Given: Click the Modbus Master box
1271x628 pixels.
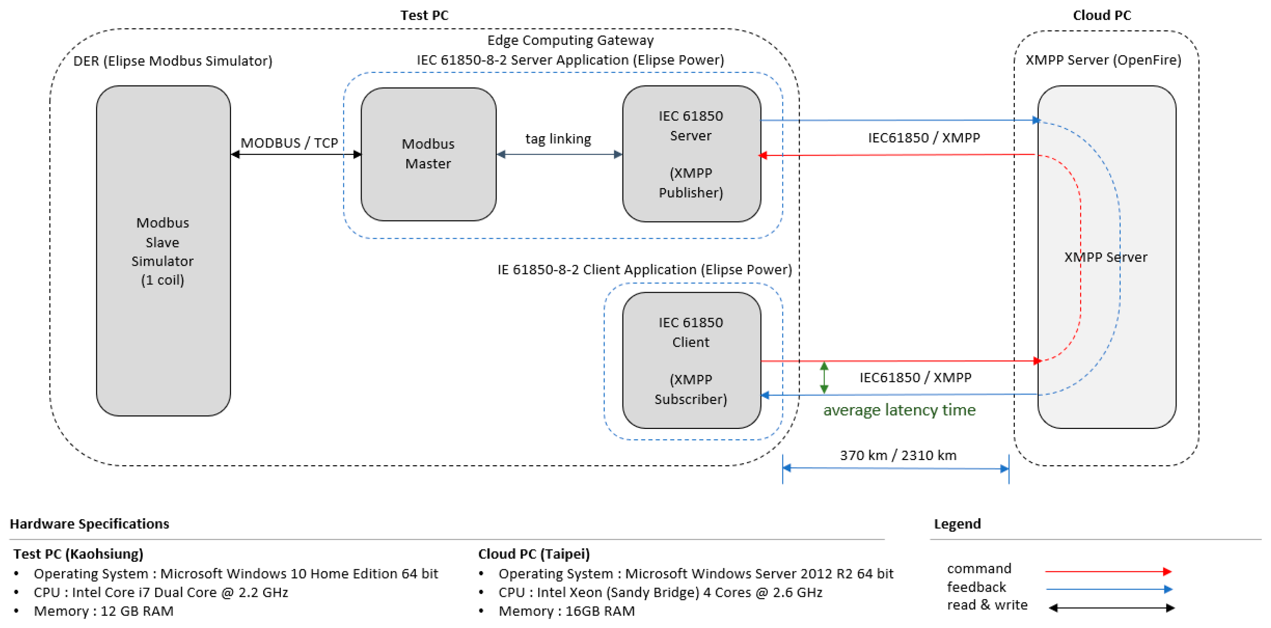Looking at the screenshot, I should click(x=428, y=154).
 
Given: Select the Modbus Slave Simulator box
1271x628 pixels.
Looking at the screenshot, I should click(x=163, y=251).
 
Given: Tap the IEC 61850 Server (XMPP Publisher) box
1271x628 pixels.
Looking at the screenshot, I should click(x=691, y=154).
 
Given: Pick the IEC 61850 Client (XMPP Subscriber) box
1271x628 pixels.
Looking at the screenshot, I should click(x=691, y=360).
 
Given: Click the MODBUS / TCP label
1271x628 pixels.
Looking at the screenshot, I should click(x=289, y=143).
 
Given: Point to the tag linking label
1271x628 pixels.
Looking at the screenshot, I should click(x=558, y=139).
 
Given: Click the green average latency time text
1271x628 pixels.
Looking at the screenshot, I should click(x=899, y=410).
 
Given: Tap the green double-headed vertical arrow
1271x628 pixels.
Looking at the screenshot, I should click(x=824, y=378).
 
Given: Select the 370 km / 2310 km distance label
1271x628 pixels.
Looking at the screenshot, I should click(x=898, y=455).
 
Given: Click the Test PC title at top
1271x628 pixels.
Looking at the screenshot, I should click(x=424, y=15).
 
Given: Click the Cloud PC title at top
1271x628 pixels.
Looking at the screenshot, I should click(x=1102, y=15).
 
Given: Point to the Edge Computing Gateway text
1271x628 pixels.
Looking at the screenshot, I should click(x=570, y=40).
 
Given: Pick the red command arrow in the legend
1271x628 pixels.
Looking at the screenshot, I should click(x=1108, y=571).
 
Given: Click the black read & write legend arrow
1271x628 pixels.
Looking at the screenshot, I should click(x=1111, y=608).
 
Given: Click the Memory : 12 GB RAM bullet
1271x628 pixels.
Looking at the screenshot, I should click(x=104, y=611).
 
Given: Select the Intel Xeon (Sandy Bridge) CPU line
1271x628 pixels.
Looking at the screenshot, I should click(x=660, y=592).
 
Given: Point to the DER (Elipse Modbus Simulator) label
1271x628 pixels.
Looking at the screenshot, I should click(x=173, y=61).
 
